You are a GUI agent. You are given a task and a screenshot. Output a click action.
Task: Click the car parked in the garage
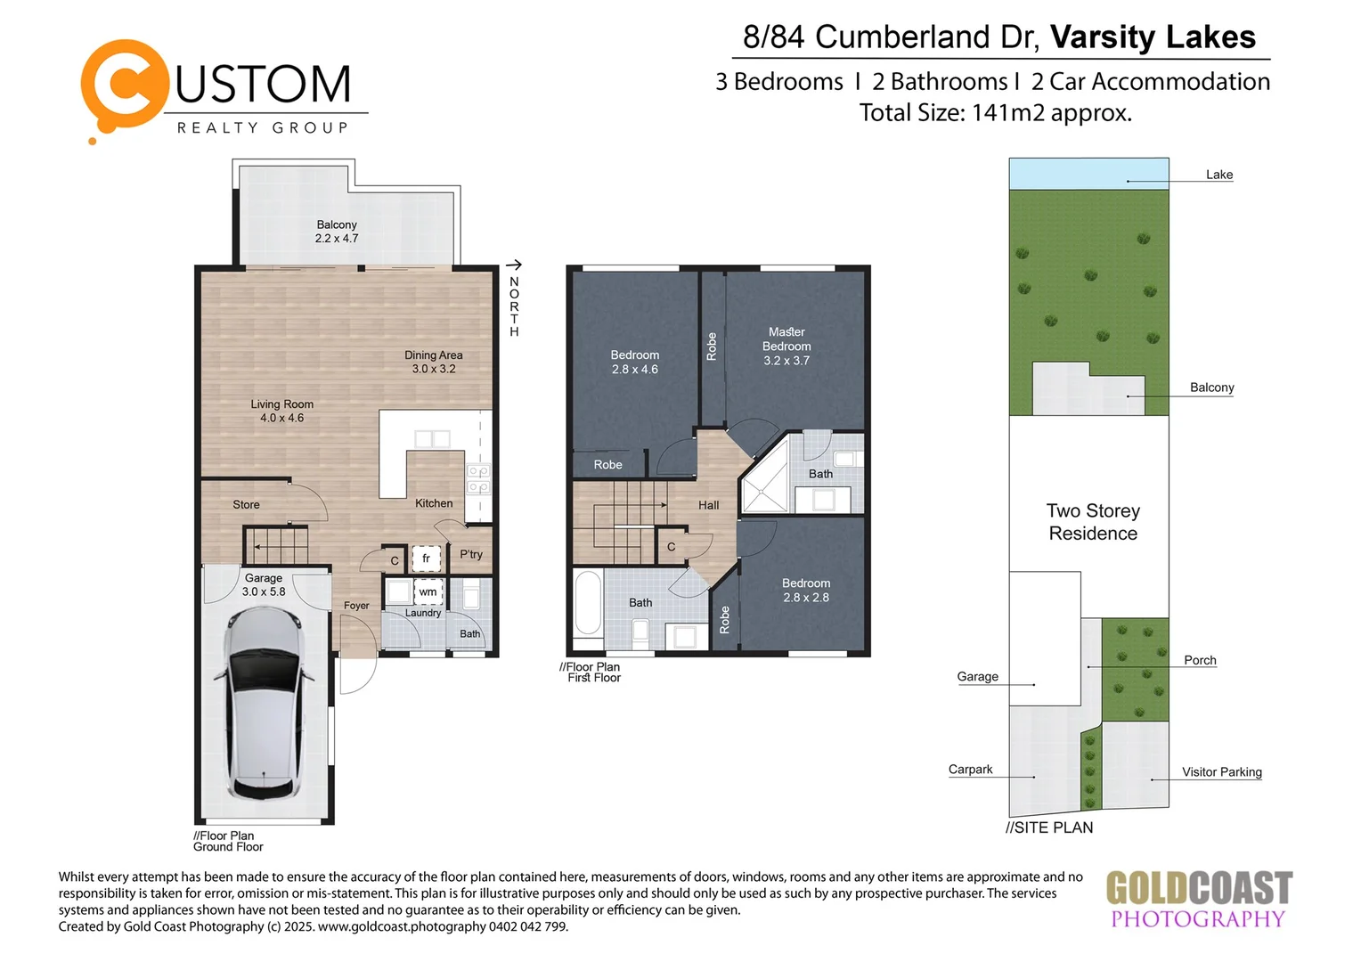pyautogui.click(x=264, y=704)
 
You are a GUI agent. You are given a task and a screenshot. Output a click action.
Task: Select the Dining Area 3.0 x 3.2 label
pyautogui.click(x=434, y=362)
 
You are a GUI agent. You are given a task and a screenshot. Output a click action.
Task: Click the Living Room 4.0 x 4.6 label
pyautogui.click(x=281, y=411)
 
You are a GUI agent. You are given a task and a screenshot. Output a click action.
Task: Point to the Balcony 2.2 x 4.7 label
pyautogui.click(x=337, y=232)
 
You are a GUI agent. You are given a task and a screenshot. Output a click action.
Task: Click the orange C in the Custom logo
pyautogui.click(x=125, y=86)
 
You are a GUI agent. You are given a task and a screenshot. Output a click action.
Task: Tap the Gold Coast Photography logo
pyautogui.click(x=1198, y=900)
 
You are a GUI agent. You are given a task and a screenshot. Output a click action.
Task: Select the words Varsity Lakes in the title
pyautogui.click(x=1153, y=37)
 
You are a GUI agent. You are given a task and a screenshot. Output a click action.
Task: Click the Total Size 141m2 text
pyautogui.click(x=995, y=113)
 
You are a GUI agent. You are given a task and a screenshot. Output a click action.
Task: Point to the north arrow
pyautogui.click(x=514, y=265)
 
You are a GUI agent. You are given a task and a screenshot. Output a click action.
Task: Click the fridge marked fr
pyautogui.click(x=426, y=558)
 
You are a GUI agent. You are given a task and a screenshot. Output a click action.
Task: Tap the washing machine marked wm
pyautogui.click(x=428, y=591)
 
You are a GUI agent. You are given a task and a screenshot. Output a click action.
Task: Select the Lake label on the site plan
pyautogui.click(x=1218, y=175)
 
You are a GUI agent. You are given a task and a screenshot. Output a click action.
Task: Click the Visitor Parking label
pyautogui.click(x=1221, y=772)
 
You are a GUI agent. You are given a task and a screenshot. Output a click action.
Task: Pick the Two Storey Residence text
pyautogui.click(x=1093, y=522)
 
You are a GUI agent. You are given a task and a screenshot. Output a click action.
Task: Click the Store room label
pyautogui.click(x=246, y=505)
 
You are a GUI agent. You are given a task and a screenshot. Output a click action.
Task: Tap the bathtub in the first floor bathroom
pyautogui.click(x=588, y=603)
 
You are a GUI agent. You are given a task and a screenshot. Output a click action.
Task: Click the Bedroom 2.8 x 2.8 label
pyautogui.click(x=806, y=590)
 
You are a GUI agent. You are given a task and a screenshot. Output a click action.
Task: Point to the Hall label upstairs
pyautogui.click(x=708, y=505)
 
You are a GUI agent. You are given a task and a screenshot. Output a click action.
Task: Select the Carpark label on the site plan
pyautogui.click(x=970, y=770)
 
